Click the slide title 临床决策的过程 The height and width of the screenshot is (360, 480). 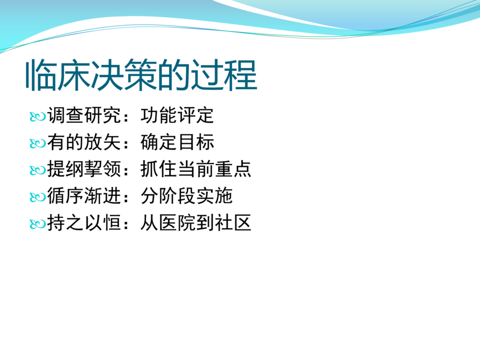click(x=141, y=75)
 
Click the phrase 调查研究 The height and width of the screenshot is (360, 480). click(x=84, y=116)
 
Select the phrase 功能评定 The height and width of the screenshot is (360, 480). click(x=177, y=116)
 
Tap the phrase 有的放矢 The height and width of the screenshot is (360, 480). click(x=84, y=142)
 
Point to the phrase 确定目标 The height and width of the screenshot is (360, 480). click(x=177, y=142)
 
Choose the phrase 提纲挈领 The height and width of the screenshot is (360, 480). click(x=84, y=169)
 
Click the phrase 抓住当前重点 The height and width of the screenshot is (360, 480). click(x=196, y=169)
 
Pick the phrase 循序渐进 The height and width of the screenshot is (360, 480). click(x=84, y=196)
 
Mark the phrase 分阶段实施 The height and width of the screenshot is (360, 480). click(x=186, y=196)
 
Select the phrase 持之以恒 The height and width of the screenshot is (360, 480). click(x=84, y=223)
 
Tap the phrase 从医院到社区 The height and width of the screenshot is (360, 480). click(x=196, y=223)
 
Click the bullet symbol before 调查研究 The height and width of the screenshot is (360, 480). click(x=37, y=117)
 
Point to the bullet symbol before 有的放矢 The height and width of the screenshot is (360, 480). click(x=37, y=143)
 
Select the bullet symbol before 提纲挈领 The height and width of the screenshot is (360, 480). click(x=37, y=170)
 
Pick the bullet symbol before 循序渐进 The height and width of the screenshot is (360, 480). click(x=37, y=197)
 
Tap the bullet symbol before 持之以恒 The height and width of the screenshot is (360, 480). click(x=37, y=224)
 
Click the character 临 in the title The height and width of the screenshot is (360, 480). click(x=41, y=75)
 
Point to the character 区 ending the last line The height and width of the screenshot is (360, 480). click(x=242, y=223)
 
